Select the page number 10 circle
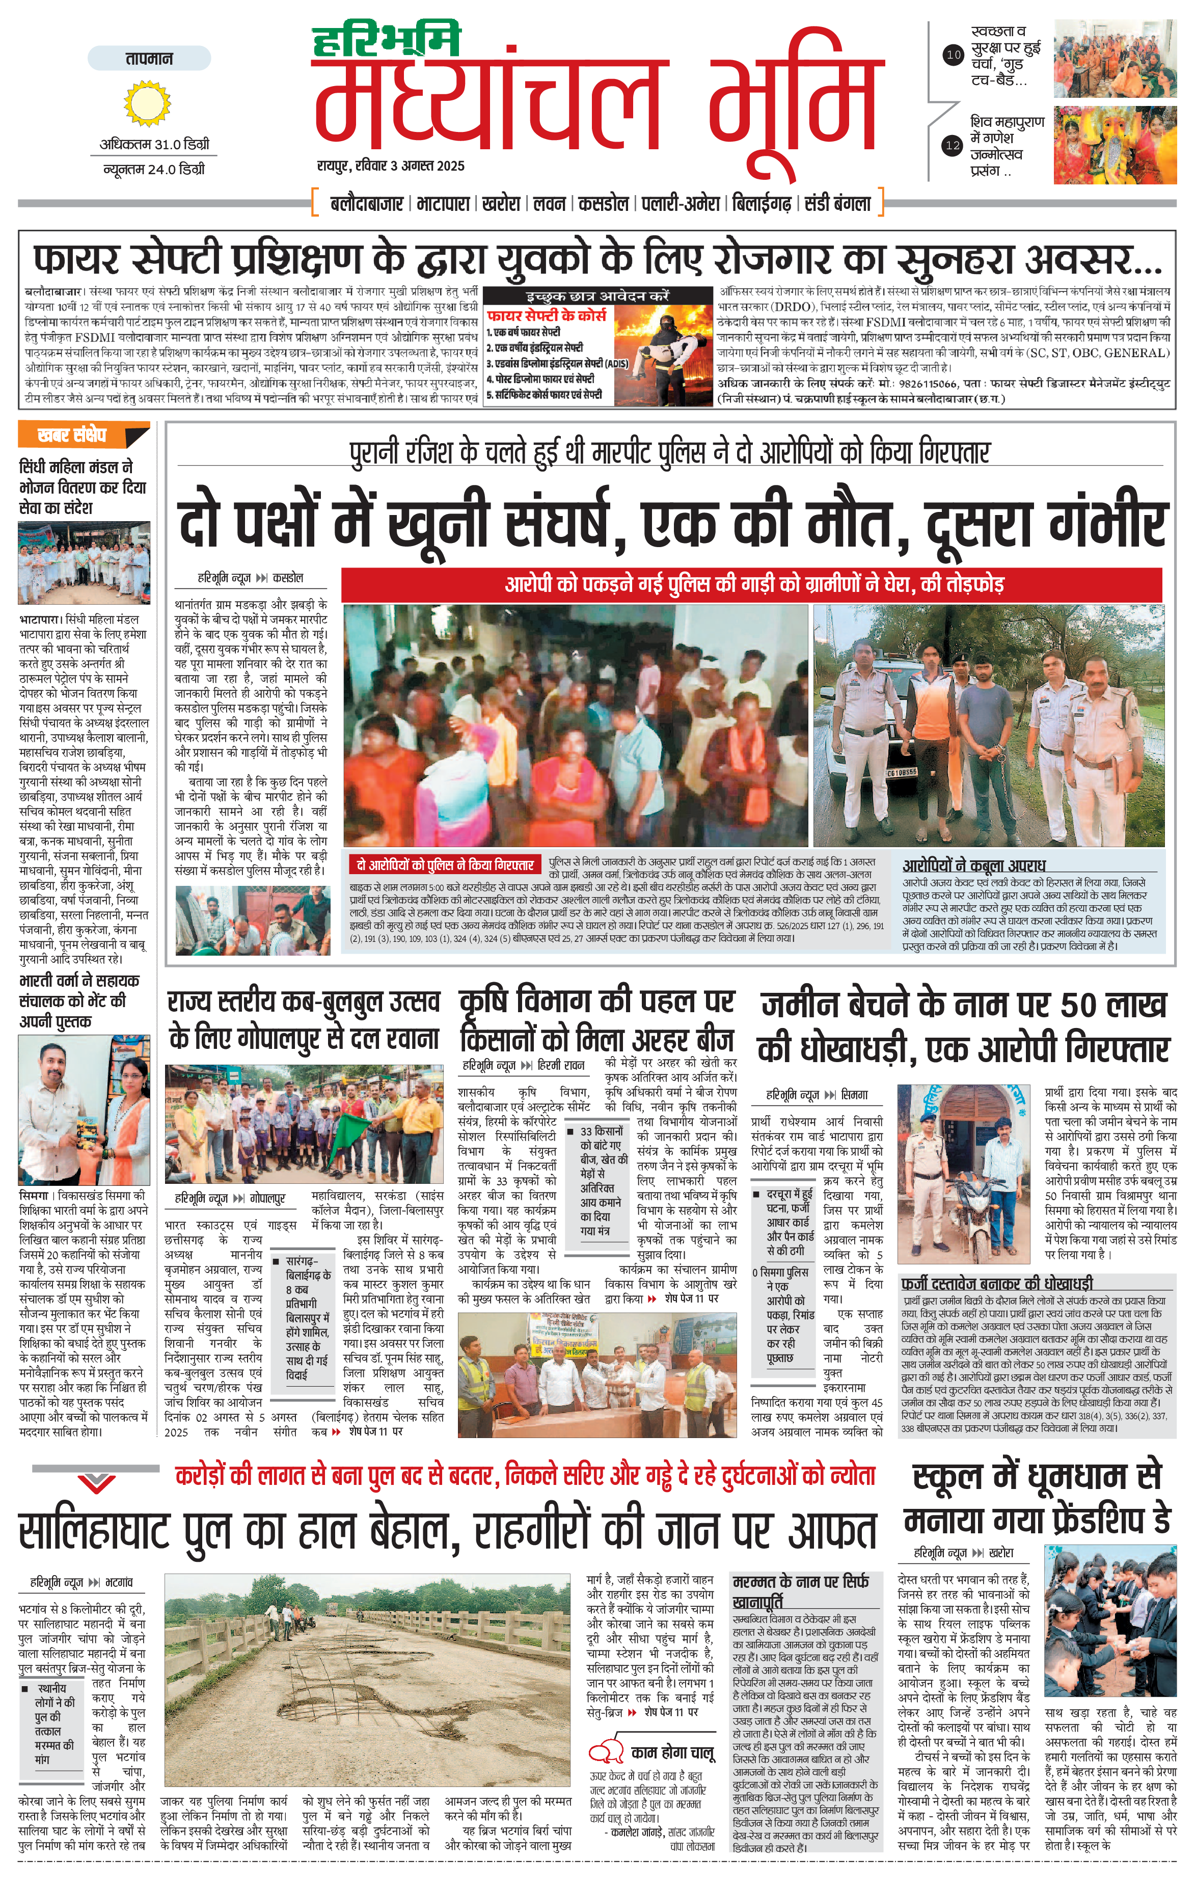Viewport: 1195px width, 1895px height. point(953,55)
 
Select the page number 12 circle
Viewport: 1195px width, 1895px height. point(953,145)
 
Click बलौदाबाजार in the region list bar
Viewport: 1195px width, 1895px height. point(367,204)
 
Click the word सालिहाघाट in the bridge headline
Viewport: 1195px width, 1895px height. point(94,1531)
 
